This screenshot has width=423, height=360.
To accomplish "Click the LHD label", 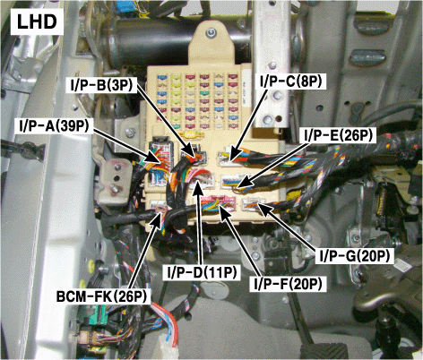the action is (37, 22).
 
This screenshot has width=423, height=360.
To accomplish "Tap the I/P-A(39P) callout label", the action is (54, 126).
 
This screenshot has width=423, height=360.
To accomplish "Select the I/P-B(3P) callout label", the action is (101, 85).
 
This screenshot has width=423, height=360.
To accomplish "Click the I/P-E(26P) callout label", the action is (339, 136).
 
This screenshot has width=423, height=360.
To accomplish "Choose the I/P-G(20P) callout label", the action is (355, 256).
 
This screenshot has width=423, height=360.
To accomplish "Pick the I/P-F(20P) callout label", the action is (288, 284).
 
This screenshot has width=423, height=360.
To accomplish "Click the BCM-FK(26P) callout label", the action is (102, 296).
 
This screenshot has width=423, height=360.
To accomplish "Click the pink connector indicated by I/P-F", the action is (218, 203).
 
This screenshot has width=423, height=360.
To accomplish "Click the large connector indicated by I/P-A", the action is (160, 162).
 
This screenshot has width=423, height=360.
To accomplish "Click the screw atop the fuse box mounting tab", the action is (211, 32).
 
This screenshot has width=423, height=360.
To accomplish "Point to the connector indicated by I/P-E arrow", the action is (235, 181).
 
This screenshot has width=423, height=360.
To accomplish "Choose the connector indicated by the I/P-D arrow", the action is (202, 180).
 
